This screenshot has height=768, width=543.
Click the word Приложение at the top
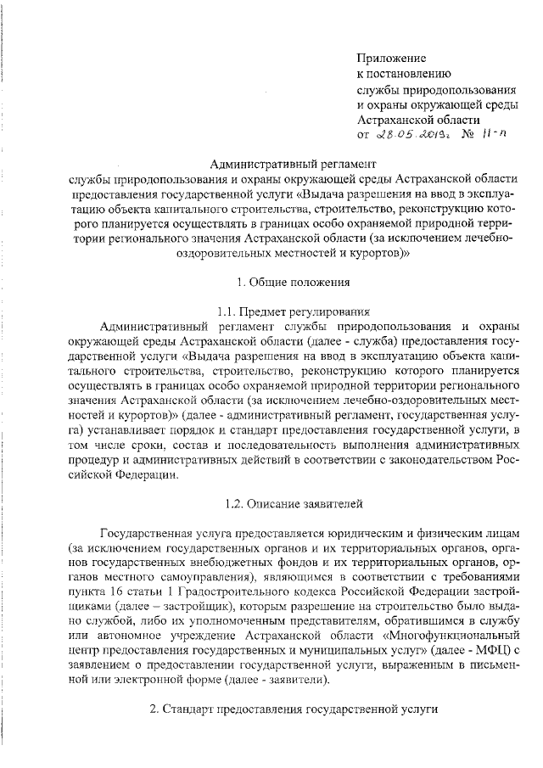coord(390,59)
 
